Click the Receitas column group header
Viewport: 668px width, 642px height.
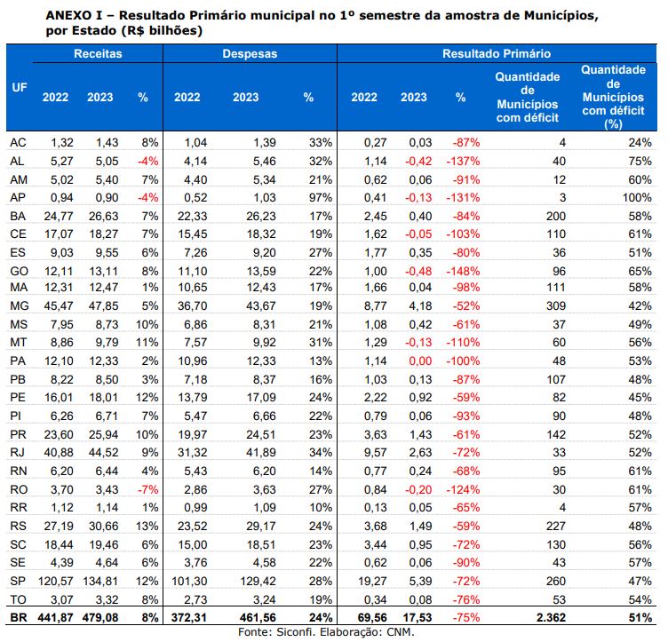[x=98, y=54]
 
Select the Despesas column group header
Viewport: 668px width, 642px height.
[x=250, y=54]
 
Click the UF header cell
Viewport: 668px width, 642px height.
[x=19, y=89]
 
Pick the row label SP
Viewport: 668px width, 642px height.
[x=17, y=582]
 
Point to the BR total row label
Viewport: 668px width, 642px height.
[x=17, y=618]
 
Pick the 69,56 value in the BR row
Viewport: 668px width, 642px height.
[x=363, y=618]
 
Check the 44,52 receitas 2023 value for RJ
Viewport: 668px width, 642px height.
[x=100, y=453]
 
